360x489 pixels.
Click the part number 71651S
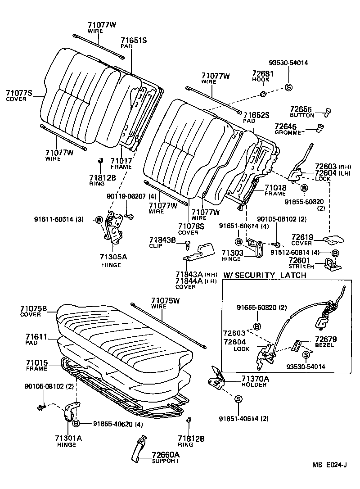[134, 40]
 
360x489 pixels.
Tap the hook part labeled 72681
[263, 94]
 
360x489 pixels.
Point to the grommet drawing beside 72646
[321, 128]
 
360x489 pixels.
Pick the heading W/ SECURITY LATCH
[265, 275]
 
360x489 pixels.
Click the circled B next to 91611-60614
[99, 219]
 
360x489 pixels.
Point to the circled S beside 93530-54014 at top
[288, 86]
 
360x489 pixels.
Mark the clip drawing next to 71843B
[188, 244]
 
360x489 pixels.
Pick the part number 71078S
[188, 226]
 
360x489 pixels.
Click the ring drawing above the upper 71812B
[101, 161]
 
